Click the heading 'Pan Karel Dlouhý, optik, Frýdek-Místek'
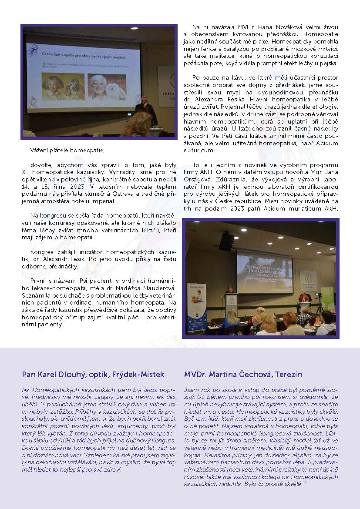(93, 374)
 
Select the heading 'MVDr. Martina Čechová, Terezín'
(243, 374)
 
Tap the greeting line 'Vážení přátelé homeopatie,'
(67, 151)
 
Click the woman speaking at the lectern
(230, 290)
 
